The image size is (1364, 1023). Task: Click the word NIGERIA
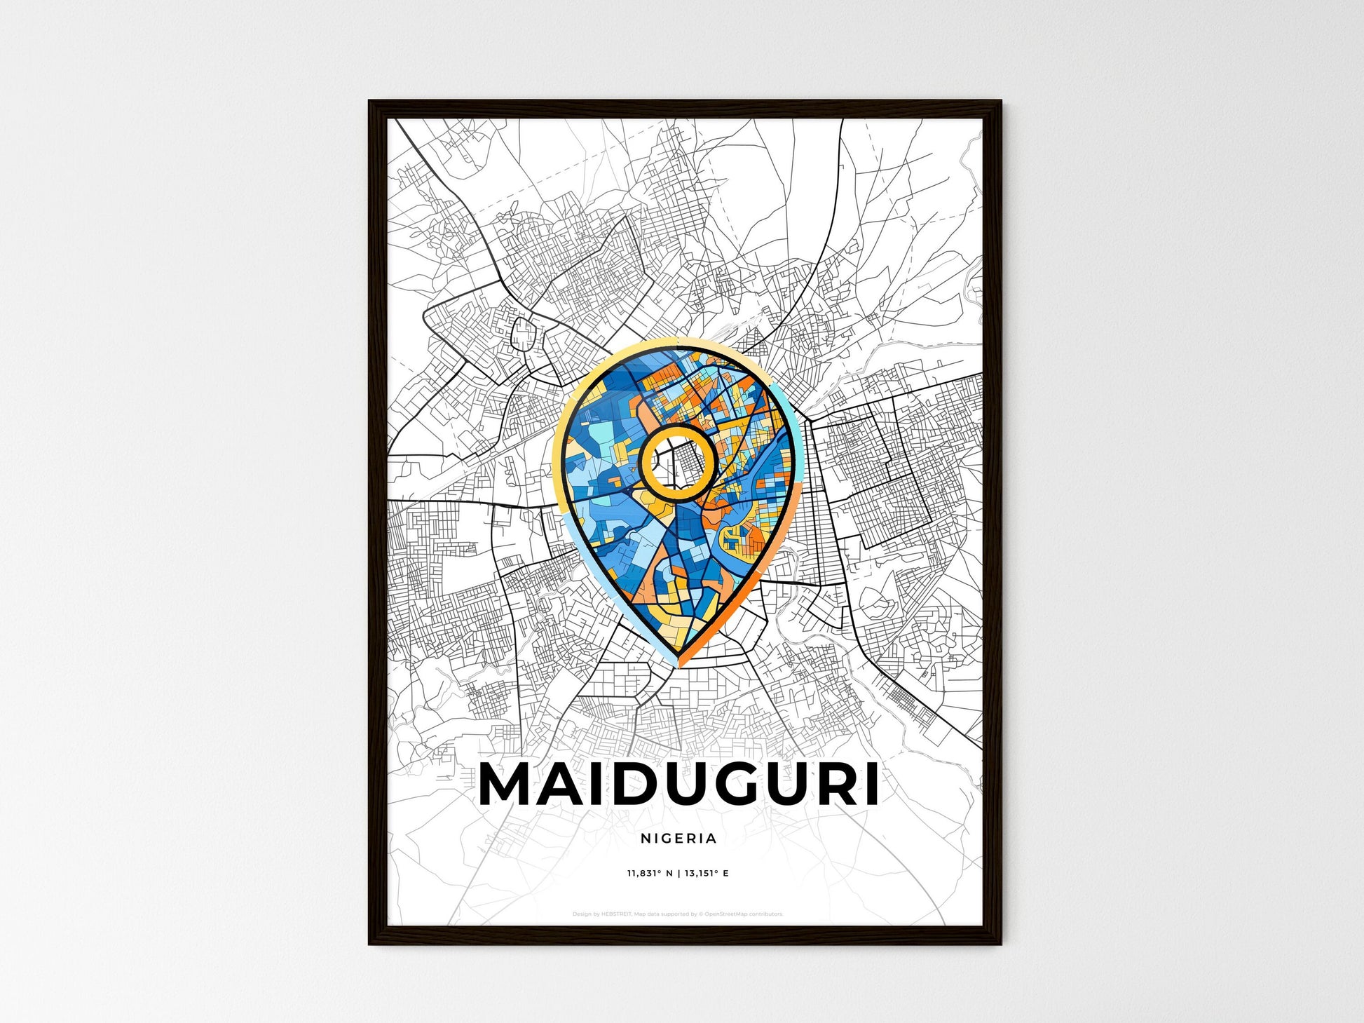pos(678,838)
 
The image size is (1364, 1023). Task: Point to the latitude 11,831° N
pos(649,874)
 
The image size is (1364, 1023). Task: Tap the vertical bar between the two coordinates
pos(678,874)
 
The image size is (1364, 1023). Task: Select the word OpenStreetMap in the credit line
pos(729,914)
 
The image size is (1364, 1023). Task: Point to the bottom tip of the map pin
pos(678,663)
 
